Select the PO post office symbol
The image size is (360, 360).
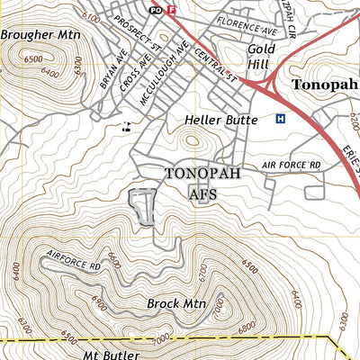point(156,10)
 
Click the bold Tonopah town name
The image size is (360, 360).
point(325,85)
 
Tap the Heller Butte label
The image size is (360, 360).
point(214,118)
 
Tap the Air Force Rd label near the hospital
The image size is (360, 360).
point(291,166)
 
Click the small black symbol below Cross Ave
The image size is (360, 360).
point(127,126)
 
